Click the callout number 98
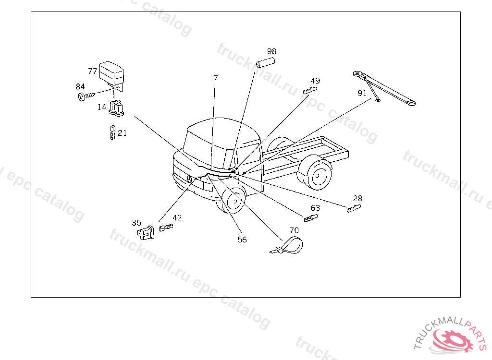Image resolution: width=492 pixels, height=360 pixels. coord(272,51)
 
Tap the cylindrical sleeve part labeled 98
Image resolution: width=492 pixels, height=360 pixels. coord(265,63)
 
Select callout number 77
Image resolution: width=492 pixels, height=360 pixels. coord(92,72)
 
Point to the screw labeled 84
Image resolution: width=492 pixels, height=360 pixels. coord(86,96)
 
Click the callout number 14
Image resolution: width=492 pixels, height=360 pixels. coord(102,107)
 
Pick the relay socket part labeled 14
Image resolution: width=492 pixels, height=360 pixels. coord(116,108)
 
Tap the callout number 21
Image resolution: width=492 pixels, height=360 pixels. coord(122,133)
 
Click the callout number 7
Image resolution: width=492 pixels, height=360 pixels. coord(215,78)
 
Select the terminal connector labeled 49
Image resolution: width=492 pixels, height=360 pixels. coord(310,91)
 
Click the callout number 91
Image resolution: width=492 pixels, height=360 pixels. coord(362,94)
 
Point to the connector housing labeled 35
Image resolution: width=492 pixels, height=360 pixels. coord(146,233)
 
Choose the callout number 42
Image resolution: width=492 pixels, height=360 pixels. coord(177,217)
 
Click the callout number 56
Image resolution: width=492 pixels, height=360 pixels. coord(242,240)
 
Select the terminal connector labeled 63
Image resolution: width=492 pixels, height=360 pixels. coord(311,218)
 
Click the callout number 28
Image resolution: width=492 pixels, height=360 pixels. coord(357,199)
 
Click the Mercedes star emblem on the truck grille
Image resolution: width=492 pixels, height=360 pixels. coord(189,180)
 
